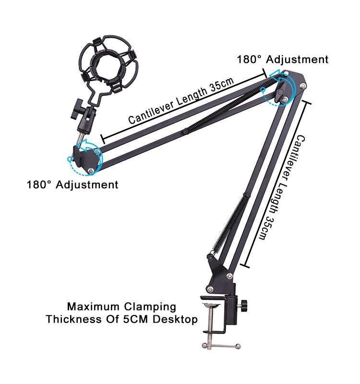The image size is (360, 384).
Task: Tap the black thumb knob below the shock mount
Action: pyautogui.click(x=77, y=108)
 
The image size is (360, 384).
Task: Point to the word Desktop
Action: pyautogui.click(x=175, y=320)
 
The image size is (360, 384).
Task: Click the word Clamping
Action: pyautogui.click(x=150, y=307)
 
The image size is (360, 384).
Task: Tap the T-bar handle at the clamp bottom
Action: pyautogui.click(x=221, y=346)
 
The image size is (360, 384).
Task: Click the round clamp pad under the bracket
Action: pyautogui.click(x=211, y=305)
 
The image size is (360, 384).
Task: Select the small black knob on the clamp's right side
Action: pyautogui.click(x=244, y=306)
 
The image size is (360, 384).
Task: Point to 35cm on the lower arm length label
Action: pyautogui.click(x=267, y=227)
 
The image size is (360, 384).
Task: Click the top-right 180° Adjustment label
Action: pyautogui.click(x=283, y=60)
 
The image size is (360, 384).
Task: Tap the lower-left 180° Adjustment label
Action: pyautogui.click(x=72, y=185)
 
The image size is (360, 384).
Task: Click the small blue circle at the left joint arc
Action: pyautogui.click(x=70, y=159)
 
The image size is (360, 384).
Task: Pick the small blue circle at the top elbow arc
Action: pyautogui.click(x=263, y=90)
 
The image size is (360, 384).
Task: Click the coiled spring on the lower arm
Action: pyautogui.click(x=229, y=225)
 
